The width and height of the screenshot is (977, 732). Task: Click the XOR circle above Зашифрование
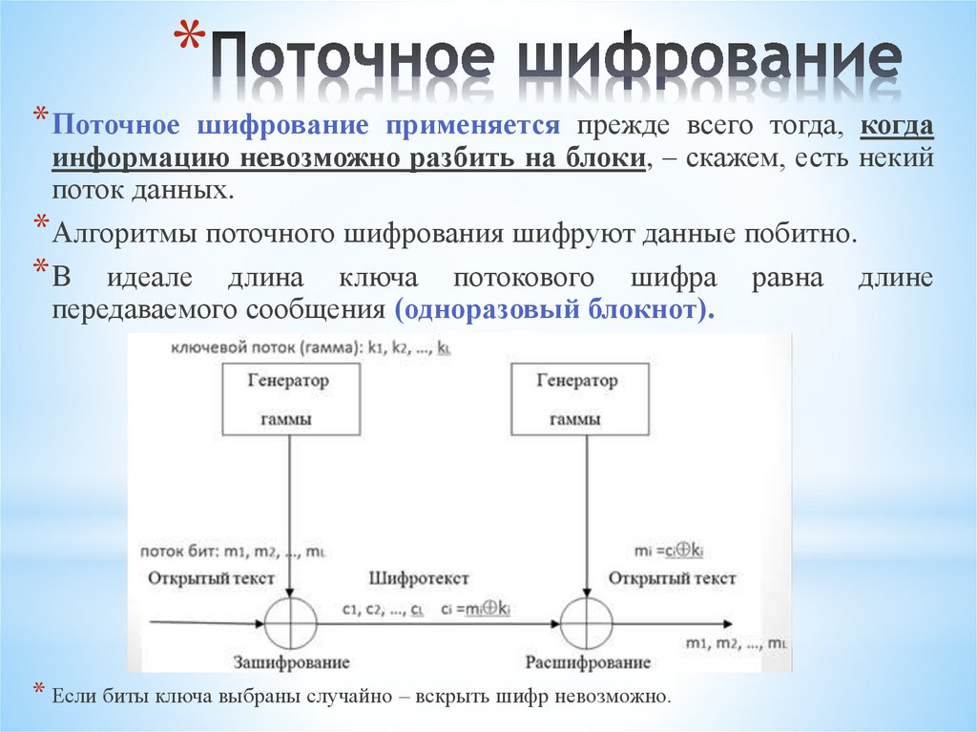click(289, 624)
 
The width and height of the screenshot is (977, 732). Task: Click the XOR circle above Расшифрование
click(585, 624)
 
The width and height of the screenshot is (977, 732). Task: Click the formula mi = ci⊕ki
click(669, 551)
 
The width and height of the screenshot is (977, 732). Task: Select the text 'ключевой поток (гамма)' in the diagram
click(249, 348)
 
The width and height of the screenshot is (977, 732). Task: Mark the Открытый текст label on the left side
click(211, 578)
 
